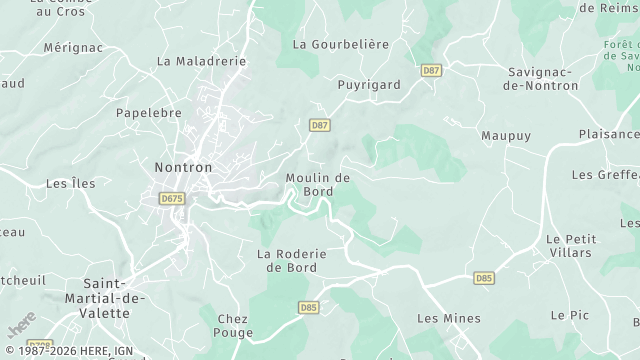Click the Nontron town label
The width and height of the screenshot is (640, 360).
pyautogui.click(x=184, y=167)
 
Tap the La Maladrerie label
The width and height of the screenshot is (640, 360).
pyautogui.click(x=201, y=61)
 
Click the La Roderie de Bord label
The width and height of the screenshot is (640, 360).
pyautogui.click(x=292, y=261)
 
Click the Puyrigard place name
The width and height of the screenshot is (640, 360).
pyautogui.click(x=363, y=85)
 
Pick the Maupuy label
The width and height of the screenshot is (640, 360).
pyautogui.click(x=506, y=135)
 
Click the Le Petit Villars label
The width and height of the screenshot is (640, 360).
pyautogui.click(x=571, y=246)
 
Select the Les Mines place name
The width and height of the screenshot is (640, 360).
pyautogui.click(x=448, y=319)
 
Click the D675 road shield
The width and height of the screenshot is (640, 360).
pyautogui.click(x=172, y=199)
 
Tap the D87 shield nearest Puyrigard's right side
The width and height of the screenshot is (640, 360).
pyautogui.click(x=432, y=70)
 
